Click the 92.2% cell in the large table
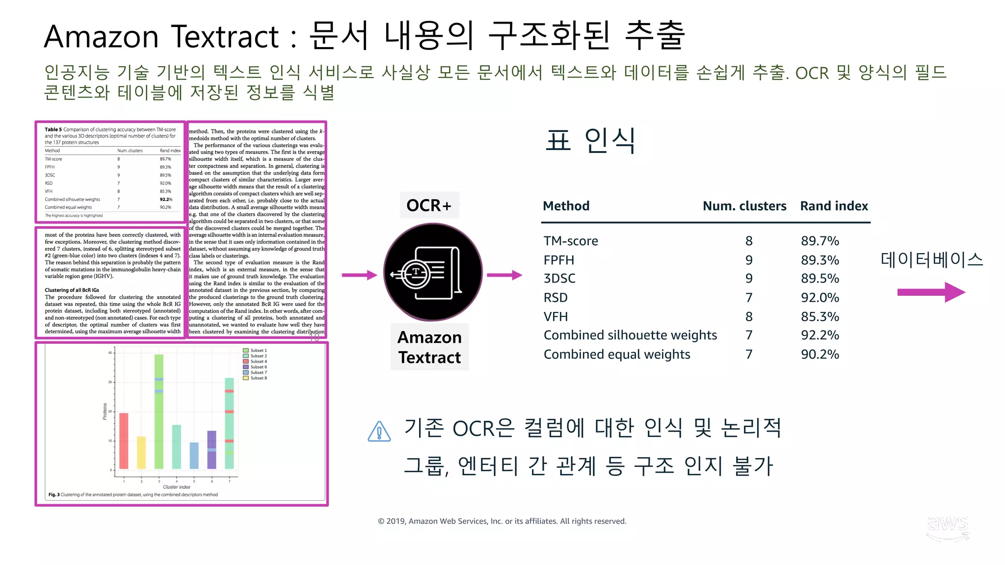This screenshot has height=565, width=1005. tap(820, 335)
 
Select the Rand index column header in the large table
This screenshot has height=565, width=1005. tap(834, 206)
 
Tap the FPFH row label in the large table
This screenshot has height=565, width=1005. tap(558, 260)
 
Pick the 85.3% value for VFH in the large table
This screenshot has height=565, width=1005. tap(820, 317)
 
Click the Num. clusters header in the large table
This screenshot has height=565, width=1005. tap(744, 206)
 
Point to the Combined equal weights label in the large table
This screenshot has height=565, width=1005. tap(617, 355)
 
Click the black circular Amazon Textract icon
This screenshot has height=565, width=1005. tap(433, 272)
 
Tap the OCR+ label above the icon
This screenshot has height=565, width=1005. tap(429, 205)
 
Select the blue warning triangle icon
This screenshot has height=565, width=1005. tap(379, 432)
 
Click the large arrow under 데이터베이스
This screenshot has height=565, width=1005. tap(931, 292)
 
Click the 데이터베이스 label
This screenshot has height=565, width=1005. tap(931, 259)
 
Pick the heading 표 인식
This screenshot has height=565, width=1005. tap(590, 141)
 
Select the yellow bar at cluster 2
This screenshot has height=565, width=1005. tap(141, 452)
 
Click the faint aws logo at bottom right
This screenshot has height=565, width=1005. tap(947, 528)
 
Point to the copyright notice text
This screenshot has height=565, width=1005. tap(502, 521)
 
